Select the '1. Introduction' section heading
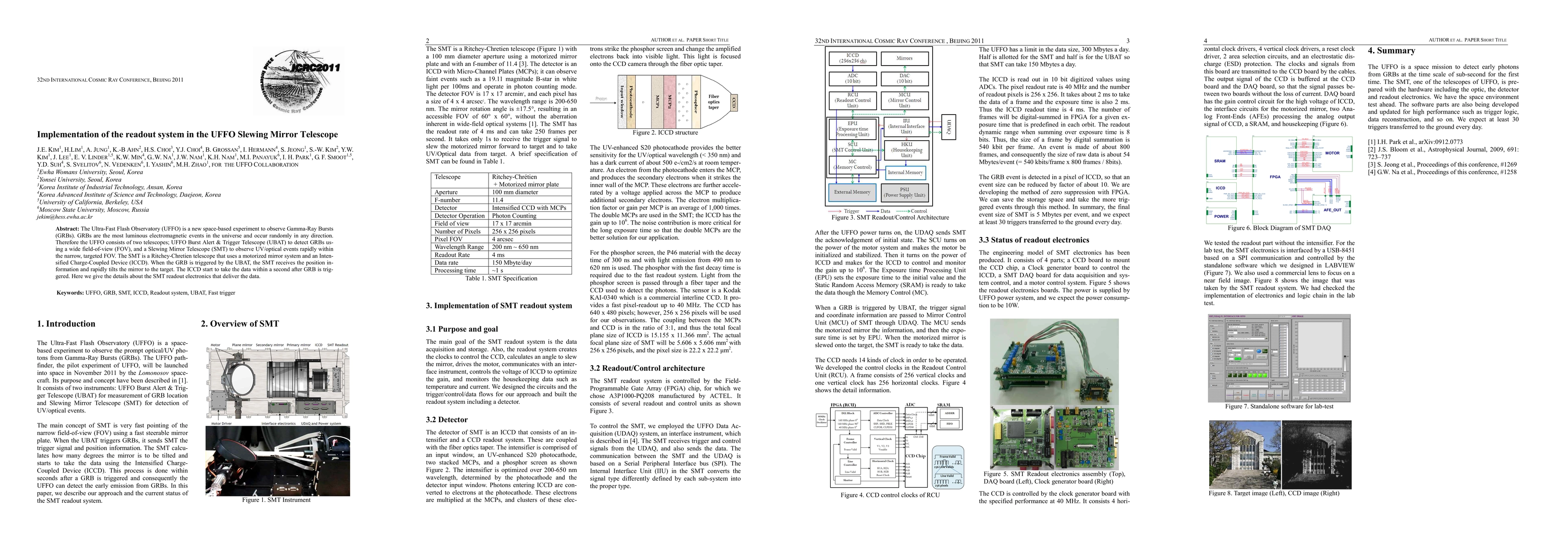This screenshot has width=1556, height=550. click(67, 324)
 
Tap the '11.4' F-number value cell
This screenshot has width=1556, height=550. click(498, 200)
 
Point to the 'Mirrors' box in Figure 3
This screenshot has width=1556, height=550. click(904, 59)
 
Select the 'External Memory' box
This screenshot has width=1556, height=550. click(852, 192)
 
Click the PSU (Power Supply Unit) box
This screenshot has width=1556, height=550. click(904, 192)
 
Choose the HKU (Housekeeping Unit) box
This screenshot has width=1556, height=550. click(906, 149)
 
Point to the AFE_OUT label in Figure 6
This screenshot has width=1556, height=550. click(1332, 210)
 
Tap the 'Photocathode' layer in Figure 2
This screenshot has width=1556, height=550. click(631, 101)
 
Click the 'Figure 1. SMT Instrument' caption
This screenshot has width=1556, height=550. click(276, 500)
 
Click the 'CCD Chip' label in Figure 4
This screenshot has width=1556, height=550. click(915, 456)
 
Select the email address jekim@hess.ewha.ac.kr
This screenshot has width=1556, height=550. click(65, 217)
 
